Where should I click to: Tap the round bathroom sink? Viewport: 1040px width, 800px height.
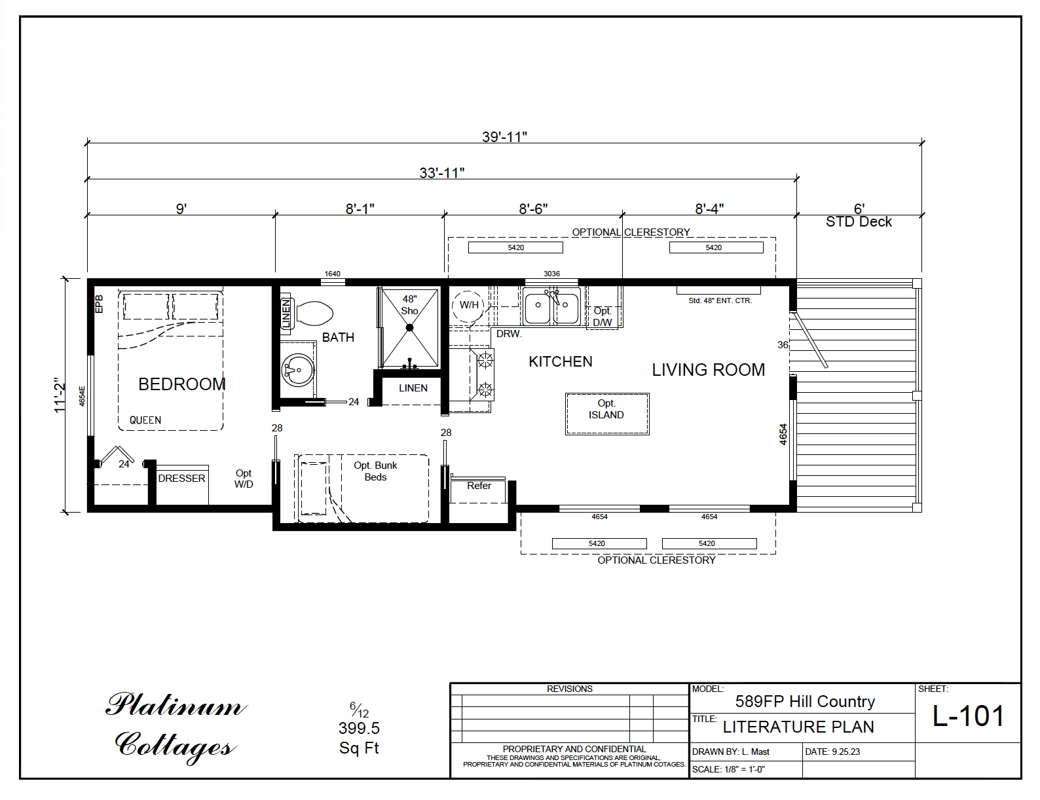298,370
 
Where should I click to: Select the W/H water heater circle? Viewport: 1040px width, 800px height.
468,305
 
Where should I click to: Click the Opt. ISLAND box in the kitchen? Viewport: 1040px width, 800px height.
607,414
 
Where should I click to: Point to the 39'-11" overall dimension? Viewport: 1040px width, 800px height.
504,137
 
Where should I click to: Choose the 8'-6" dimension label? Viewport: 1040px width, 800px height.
533,209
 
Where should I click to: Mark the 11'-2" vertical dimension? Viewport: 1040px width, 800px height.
60,395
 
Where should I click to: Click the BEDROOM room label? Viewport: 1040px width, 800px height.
182,384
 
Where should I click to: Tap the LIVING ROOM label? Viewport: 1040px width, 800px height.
709,370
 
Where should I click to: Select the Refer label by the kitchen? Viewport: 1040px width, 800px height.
479,486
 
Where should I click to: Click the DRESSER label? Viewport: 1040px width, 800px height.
181,478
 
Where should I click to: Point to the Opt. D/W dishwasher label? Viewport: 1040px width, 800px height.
603,317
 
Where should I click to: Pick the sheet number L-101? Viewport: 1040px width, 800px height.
968,716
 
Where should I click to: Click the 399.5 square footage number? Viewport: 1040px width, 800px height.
359,728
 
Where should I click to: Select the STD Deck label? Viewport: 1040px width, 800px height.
859,222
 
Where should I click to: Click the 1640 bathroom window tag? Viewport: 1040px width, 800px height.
332,274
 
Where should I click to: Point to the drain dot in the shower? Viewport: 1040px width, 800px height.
409,327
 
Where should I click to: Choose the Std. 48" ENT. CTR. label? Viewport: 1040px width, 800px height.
720,300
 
